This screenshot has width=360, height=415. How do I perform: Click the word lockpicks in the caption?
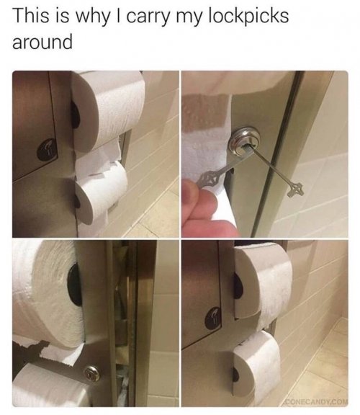click(248, 17)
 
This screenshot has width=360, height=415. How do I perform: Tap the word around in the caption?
click(42, 42)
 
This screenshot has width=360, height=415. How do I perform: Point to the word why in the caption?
click(88, 18)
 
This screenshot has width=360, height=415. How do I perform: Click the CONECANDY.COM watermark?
click(315, 402)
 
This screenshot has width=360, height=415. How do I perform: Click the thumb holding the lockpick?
click(192, 194)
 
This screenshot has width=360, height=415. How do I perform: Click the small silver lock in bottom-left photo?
click(92, 372)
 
